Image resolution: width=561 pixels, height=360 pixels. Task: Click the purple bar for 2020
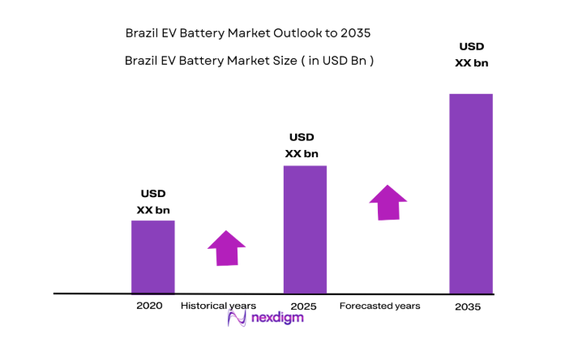pos(153,256)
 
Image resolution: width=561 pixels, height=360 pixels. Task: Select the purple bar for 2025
pos(305,229)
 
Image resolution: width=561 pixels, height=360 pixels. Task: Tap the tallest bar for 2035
pos(471,193)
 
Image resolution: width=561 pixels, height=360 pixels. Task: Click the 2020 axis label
pos(150,306)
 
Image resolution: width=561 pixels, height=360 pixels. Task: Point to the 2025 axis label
pos(303,306)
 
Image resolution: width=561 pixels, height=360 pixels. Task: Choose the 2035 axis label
pos(468,306)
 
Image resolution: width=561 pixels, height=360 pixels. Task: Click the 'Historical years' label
pos(218,306)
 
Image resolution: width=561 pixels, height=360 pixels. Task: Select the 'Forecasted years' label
pos(379,306)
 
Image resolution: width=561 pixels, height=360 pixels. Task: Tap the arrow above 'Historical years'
pos(226,247)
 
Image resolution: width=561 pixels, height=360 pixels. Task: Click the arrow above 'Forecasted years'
pos(388,202)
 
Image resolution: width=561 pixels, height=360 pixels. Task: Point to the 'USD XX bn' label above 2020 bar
pos(153,202)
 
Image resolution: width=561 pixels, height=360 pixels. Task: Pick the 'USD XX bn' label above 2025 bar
pos(302,145)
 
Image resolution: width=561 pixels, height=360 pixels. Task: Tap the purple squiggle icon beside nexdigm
pos(238,319)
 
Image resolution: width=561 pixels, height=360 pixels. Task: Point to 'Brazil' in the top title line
pos(143,33)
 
